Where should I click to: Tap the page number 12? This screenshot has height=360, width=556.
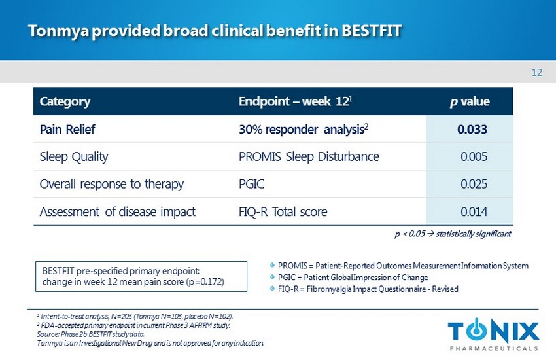point(537,72)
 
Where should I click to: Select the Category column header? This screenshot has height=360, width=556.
point(65,102)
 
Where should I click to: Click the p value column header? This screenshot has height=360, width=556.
point(470,102)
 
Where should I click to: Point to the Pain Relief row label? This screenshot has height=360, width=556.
point(67,130)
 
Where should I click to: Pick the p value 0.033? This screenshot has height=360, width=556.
point(472,130)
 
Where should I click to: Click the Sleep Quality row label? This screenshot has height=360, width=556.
point(74,157)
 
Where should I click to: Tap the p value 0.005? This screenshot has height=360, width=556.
point(474,157)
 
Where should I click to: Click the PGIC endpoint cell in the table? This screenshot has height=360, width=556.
point(252,184)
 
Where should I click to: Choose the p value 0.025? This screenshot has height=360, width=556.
point(474,184)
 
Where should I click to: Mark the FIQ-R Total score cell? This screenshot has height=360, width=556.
point(283,211)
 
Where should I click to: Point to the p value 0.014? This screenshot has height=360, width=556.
point(474,211)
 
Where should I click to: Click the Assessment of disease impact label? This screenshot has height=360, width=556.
point(118,211)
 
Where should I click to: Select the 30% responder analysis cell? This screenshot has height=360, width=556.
point(296,130)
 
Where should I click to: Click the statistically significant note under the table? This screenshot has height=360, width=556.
point(453,233)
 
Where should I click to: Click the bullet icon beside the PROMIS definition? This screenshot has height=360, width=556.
point(271,266)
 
